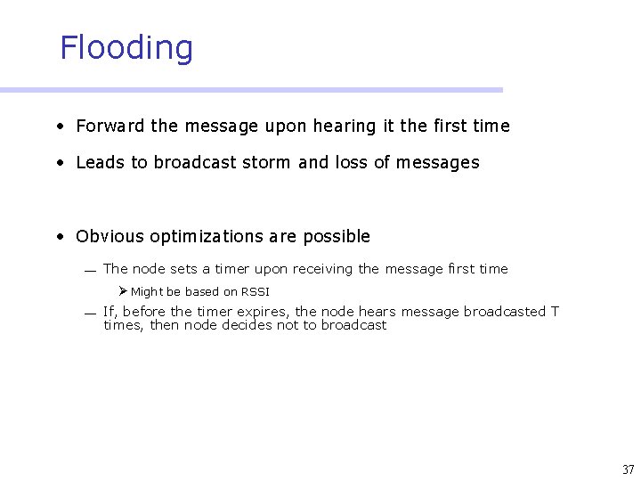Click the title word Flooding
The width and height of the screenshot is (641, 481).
[126, 48]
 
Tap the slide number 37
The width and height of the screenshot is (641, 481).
[629, 469]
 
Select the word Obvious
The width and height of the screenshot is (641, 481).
[110, 236]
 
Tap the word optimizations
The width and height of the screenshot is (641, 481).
[204, 236]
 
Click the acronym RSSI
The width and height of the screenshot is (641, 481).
[255, 292]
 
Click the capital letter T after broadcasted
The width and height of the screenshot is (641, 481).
[555, 312]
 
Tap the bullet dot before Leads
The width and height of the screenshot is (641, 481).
[59, 163]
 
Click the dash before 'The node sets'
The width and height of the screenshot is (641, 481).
[90, 271]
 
